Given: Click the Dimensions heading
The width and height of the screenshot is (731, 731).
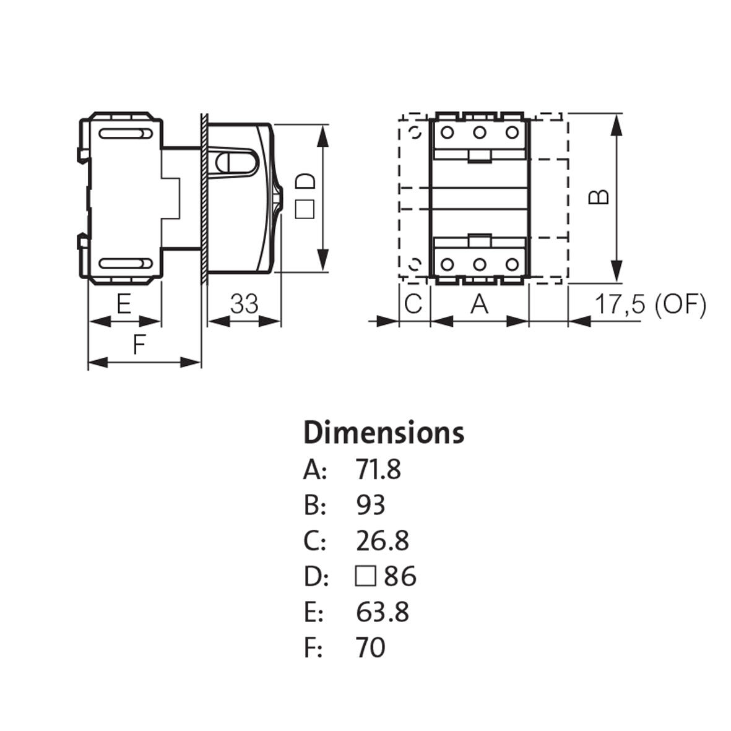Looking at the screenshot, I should click(x=384, y=433).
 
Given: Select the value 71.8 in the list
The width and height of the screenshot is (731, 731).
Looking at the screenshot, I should click(x=378, y=470).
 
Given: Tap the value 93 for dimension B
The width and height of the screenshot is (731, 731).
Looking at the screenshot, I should click(x=370, y=505).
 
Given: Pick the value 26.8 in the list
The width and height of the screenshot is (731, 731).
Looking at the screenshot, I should click(x=382, y=541).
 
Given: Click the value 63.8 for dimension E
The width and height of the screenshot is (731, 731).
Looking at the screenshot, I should click(x=382, y=612).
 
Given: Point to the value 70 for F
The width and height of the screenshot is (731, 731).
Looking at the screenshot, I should click(x=370, y=648).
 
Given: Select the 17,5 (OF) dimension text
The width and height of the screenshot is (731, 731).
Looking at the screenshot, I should click(x=650, y=305).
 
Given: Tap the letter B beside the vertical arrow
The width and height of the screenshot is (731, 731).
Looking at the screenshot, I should click(x=599, y=196).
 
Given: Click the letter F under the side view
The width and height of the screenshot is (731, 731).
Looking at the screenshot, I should click(x=139, y=345).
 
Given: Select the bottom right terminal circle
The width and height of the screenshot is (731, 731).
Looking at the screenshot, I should click(x=511, y=264).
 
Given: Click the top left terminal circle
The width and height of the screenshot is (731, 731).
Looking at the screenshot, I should click(x=447, y=132).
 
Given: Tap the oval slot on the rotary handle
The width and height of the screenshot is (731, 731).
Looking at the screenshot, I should click(x=236, y=163).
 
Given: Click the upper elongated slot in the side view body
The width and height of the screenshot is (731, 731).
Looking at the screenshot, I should click(x=124, y=133).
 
